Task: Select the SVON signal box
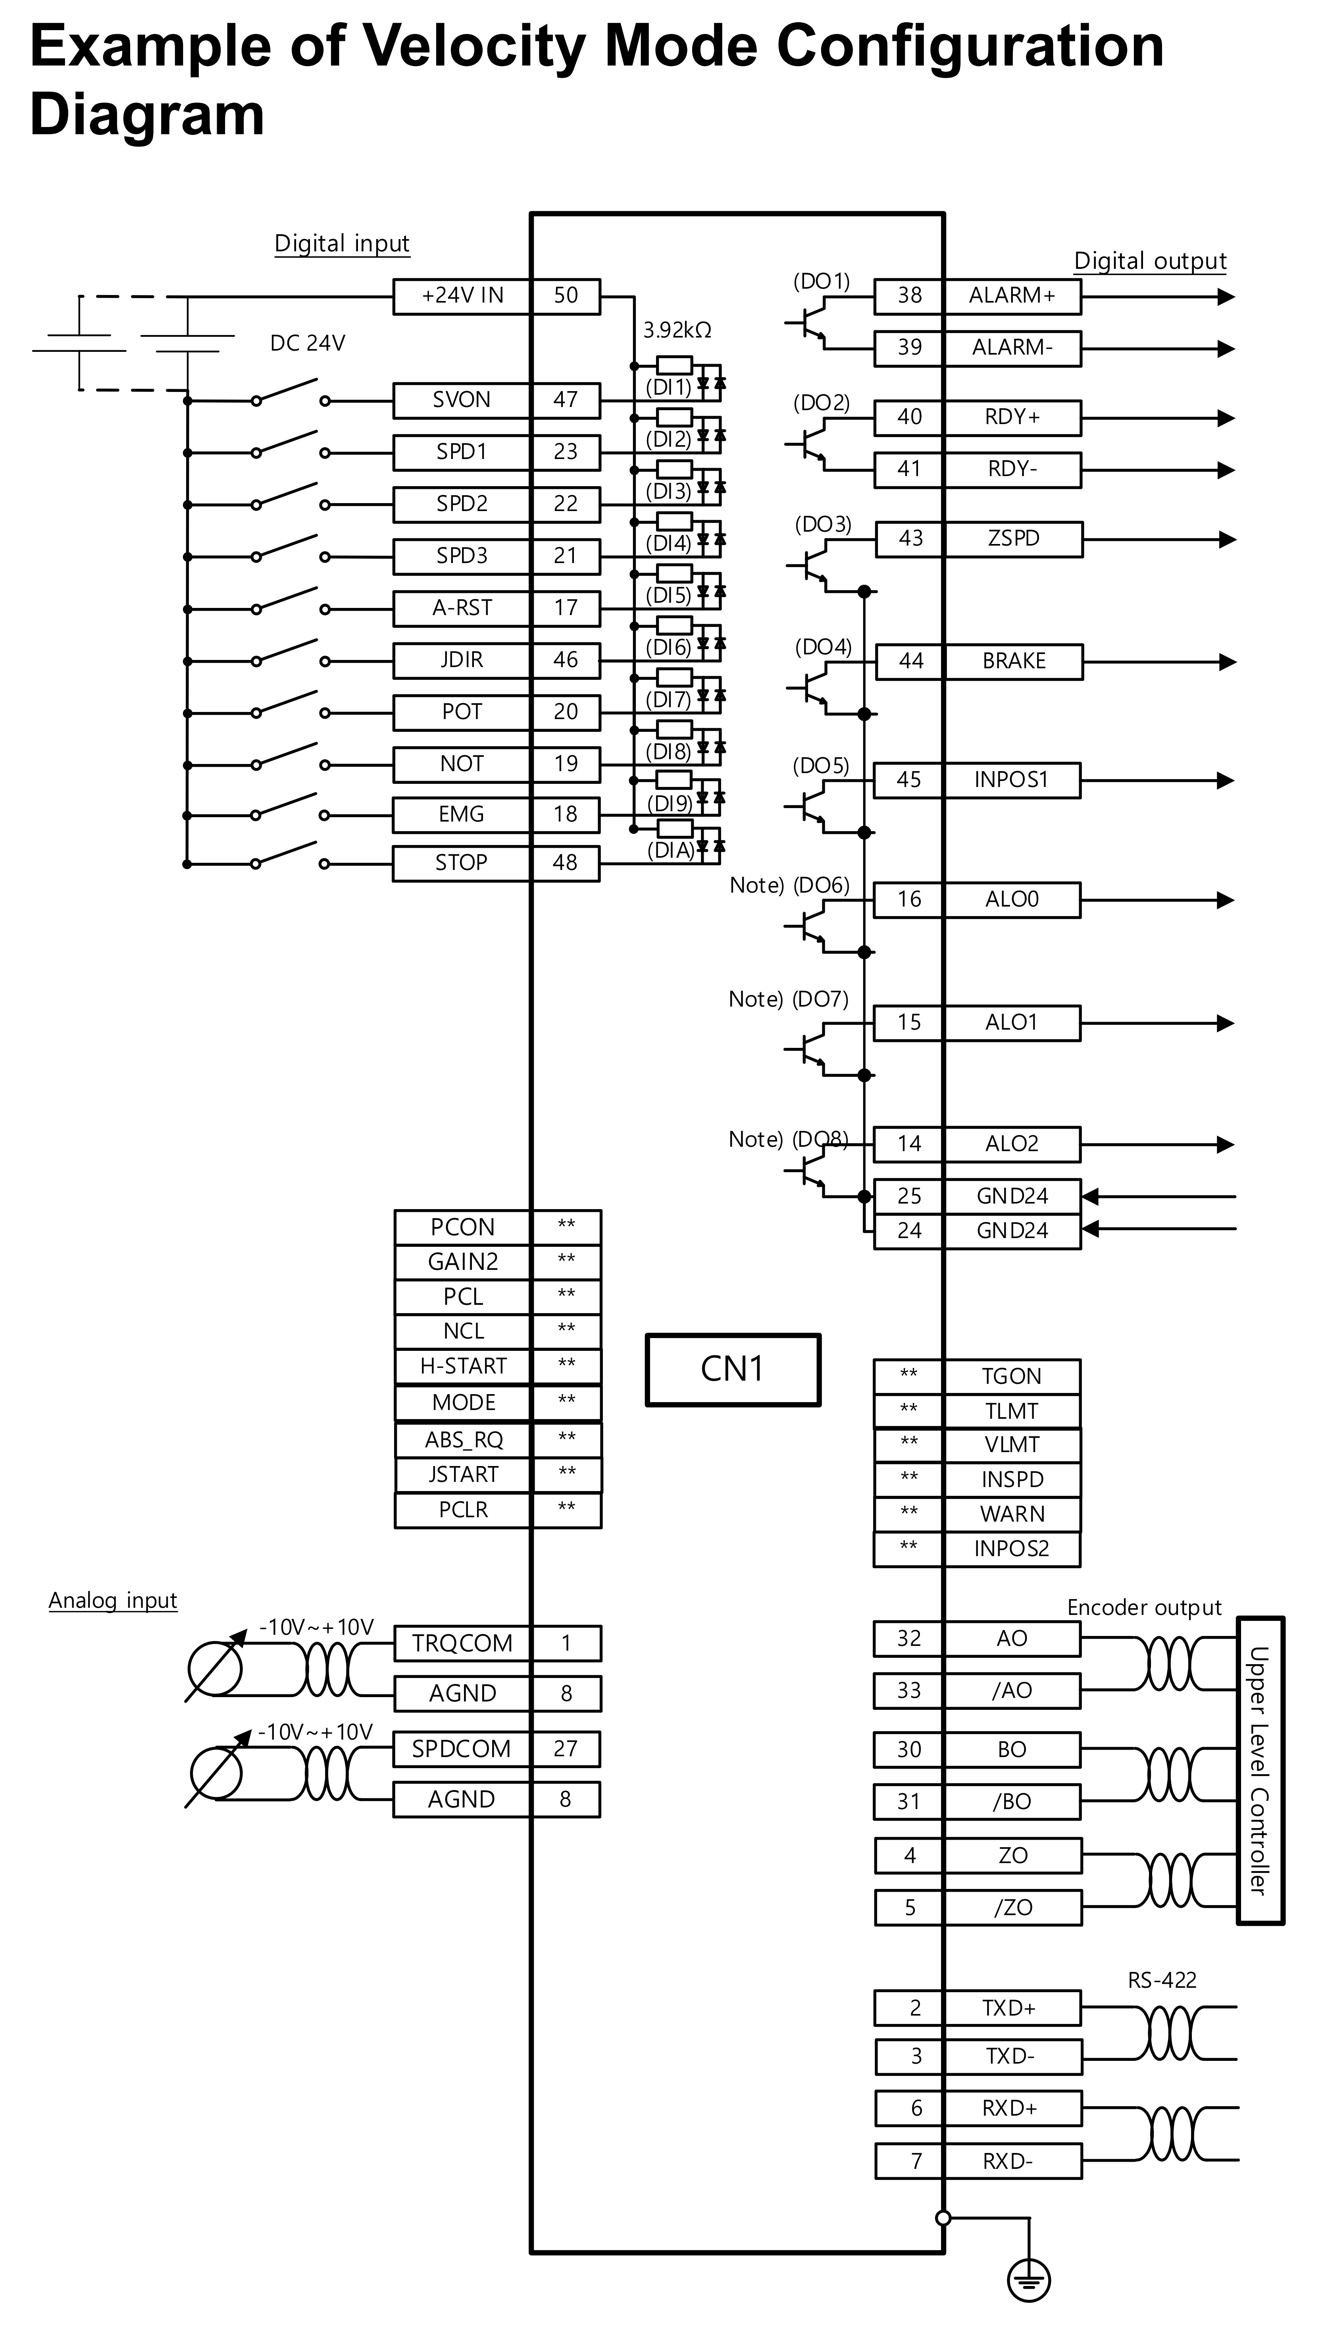pyautogui.click(x=462, y=400)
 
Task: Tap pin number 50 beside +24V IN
pyautogui.click(x=566, y=296)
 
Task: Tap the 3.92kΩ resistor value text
pyautogui.click(x=677, y=330)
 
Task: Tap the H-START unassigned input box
pyautogui.click(x=463, y=1366)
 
